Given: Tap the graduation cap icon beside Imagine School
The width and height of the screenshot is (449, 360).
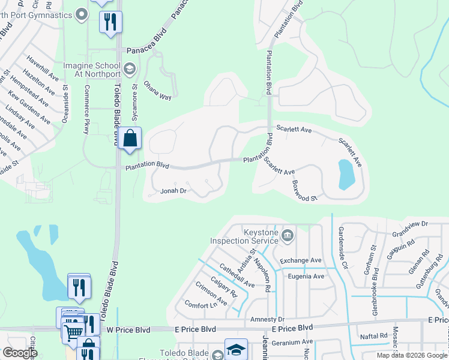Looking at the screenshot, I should pyautogui.click(x=129, y=69).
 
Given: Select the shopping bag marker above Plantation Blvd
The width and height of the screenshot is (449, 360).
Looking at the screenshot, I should pyautogui.click(x=130, y=139).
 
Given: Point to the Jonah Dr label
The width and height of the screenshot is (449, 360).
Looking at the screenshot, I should pyautogui.click(x=175, y=191).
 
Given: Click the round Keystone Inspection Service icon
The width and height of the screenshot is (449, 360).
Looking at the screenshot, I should pyautogui.click(x=288, y=235).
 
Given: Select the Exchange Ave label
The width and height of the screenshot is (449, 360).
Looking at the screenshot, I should pyautogui.click(x=301, y=260).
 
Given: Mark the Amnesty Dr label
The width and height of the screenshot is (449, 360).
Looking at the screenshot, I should pyautogui.click(x=267, y=319).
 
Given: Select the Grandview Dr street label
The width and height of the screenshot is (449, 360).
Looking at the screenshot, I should pyautogui.click(x=409, y=223).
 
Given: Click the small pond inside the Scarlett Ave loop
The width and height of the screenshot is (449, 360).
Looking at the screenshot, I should pyautogui.click(x=346, y=174).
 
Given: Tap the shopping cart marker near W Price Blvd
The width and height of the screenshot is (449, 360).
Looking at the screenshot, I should pyautogui.click(x=73, y=331).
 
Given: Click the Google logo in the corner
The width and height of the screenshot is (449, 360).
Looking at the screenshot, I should pyautogui.click(x=20, y=353).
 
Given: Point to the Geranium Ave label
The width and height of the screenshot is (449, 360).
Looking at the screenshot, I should pyautogui.click(x=292, y=342).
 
